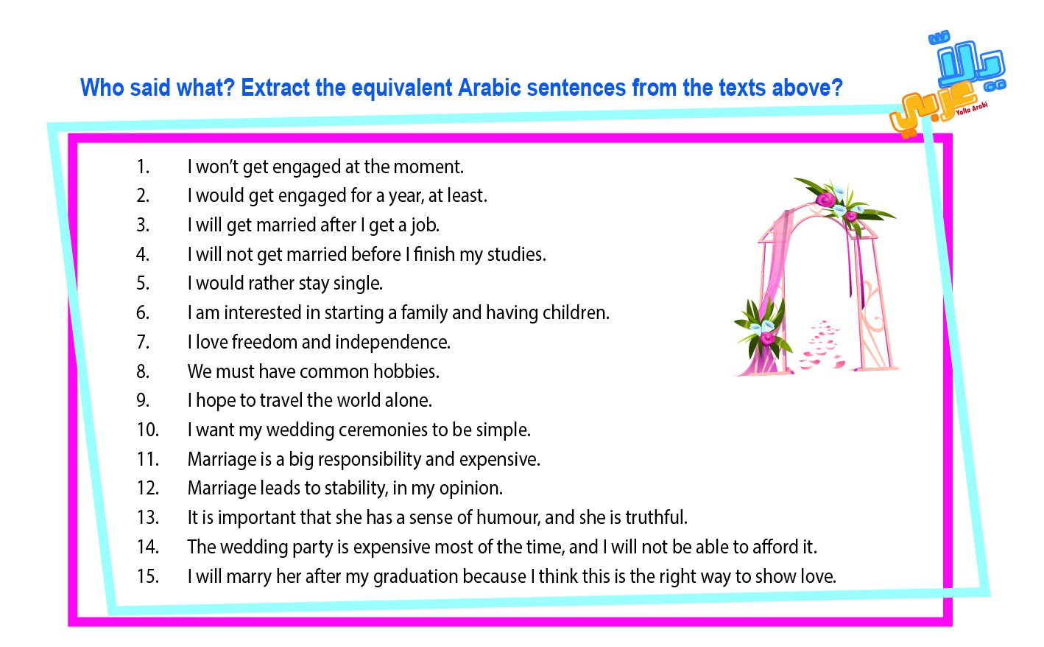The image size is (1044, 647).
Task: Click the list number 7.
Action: [x=143, y=342]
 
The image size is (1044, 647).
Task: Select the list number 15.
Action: [x=148, y=576]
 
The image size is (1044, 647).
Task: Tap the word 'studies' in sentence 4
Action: [x=515, y=254]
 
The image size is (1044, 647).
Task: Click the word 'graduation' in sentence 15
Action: [x=416, y=577]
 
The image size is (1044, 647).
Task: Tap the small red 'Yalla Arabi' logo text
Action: [x=971, y=108]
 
